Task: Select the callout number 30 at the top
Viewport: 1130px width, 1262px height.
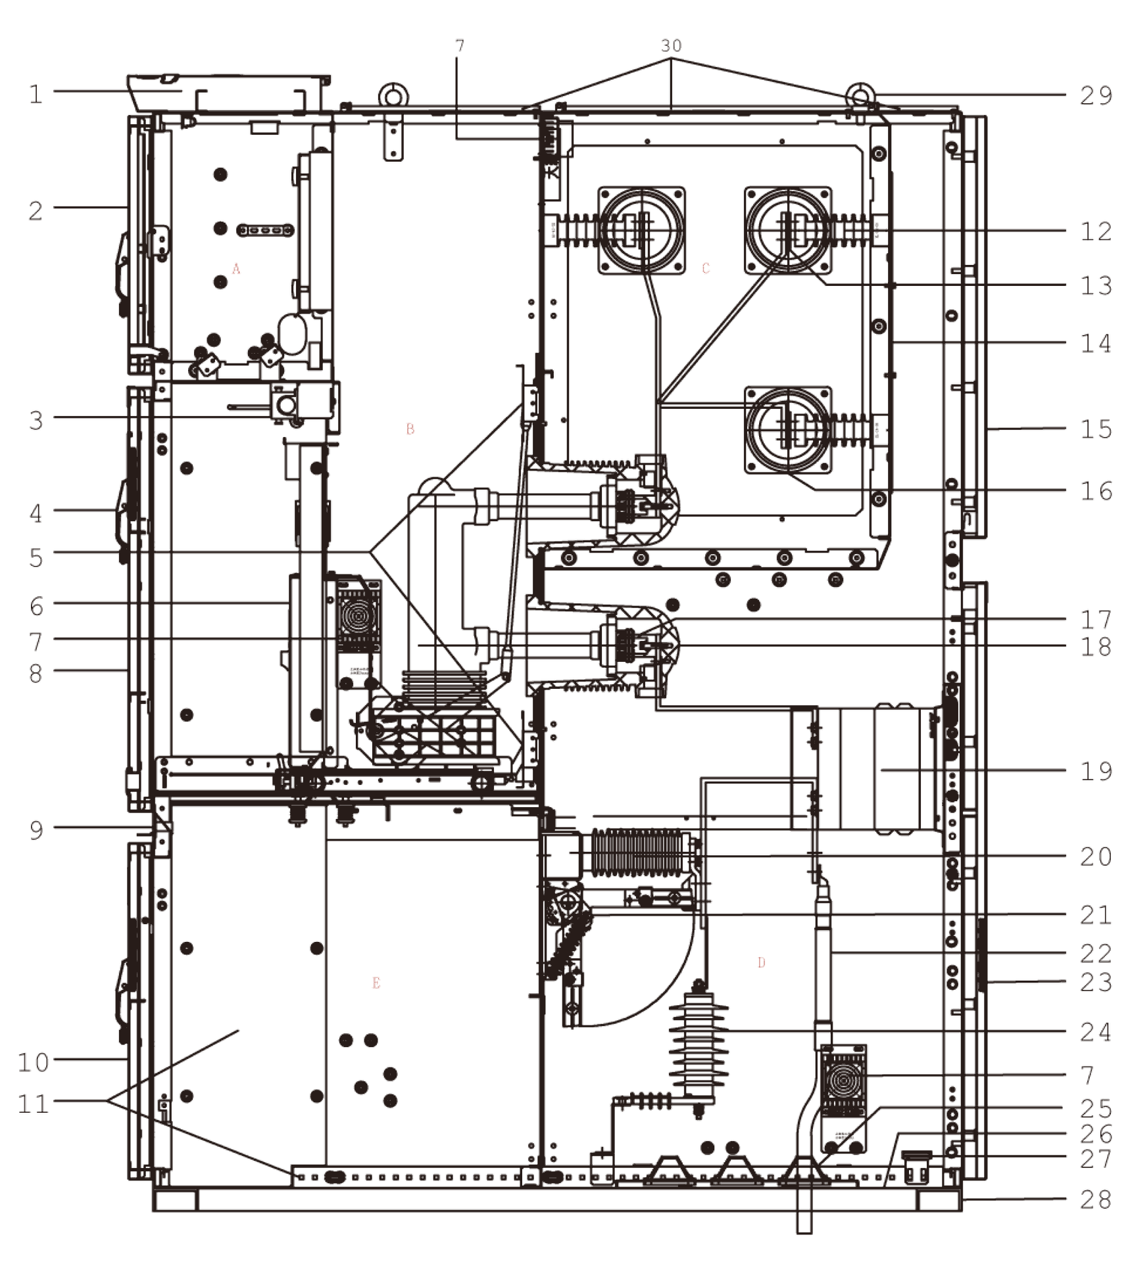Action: pos(671,45)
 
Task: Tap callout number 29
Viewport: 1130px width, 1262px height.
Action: pos(1095,96)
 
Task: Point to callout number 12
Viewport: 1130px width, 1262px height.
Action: pos(1095,231)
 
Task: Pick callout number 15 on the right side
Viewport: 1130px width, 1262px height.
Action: pos(1095,429)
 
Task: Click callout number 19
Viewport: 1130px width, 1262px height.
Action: pos(1095,771)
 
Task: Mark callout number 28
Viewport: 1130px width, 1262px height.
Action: pos(1095,1200)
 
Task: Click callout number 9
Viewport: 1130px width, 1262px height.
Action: pos(37,830)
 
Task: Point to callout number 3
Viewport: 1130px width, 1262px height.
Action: pos(37,419)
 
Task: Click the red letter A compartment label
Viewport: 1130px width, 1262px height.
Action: pos(237,269)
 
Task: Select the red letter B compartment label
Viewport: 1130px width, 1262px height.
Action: pos(410,430)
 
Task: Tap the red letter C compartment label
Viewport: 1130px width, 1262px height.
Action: pos(706,268)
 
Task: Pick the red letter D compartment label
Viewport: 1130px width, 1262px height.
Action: pos(762,963)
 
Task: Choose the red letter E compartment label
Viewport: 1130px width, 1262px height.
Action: pos(376,984)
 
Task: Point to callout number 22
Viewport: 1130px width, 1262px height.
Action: pos(1095,954)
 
